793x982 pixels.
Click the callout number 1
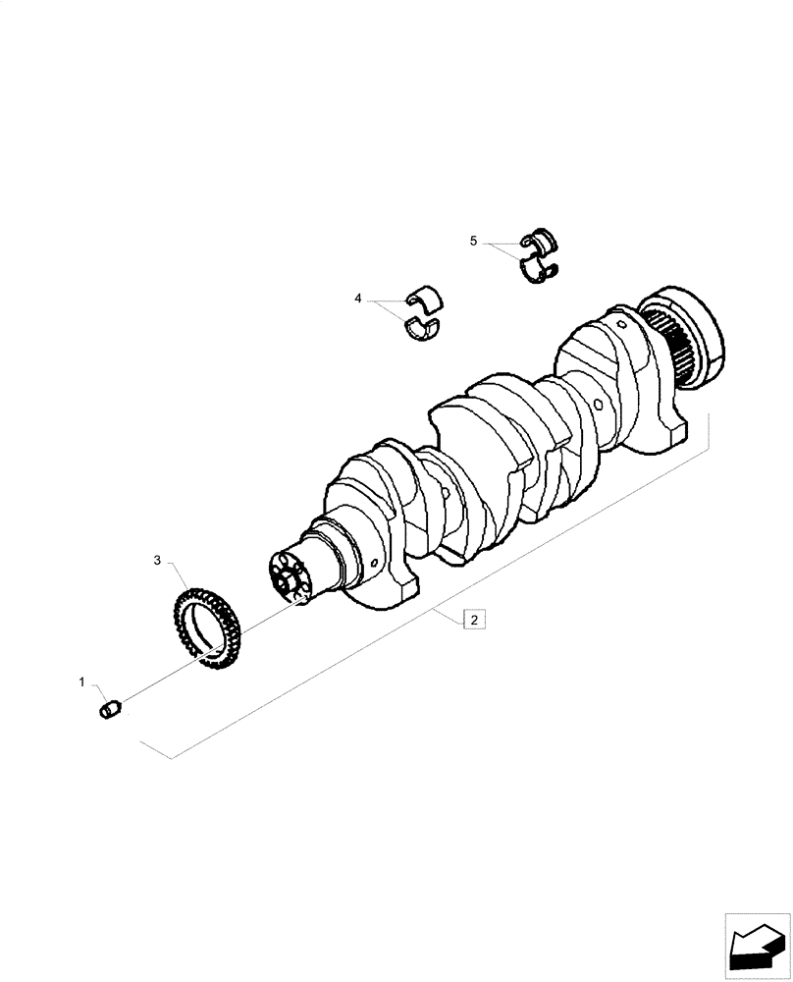[x=82, y=681]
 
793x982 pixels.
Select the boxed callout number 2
[x=473, y=620]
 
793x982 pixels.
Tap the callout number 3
[x=156, y=560]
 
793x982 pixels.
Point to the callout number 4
[x=358, y=298]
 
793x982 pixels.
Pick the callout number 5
[x=473, y=241]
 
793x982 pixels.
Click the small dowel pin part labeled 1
[x=111, y=707]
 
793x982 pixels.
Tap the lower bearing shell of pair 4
[x=423, y=327]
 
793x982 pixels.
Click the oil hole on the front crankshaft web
[x=377, y=564]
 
